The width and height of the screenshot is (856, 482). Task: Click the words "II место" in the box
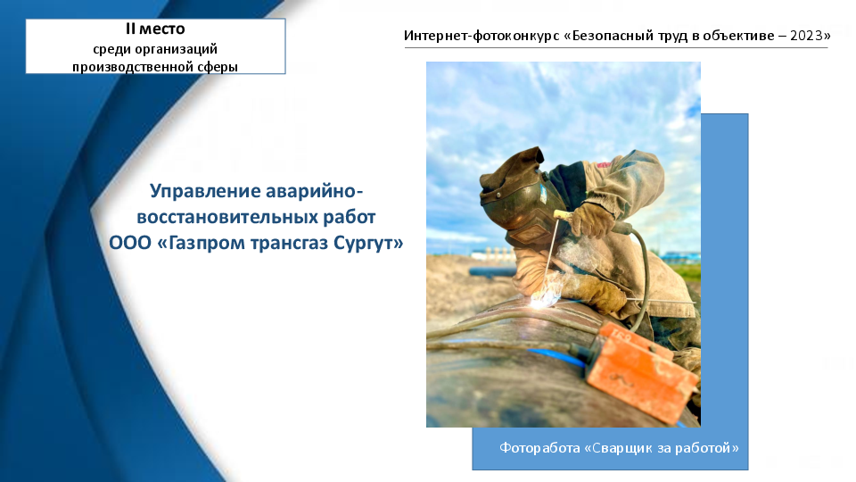point(155,29)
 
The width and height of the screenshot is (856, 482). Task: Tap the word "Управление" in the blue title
point(205,191)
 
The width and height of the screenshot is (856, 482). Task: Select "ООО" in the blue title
point(130,243)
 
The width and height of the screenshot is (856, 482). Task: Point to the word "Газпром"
point(202,243)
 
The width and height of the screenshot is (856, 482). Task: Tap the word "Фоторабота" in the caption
point(540,448)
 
